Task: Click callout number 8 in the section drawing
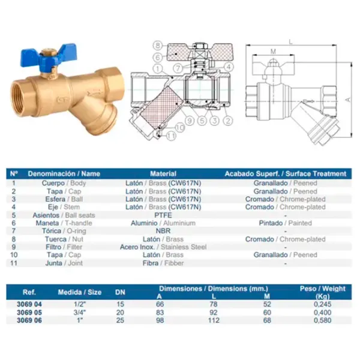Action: click(158, 45)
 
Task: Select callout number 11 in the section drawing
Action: click(171, 136)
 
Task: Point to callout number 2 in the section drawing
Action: click(228, 121)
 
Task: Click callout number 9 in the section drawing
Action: click(190, 121)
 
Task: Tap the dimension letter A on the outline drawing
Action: click(349, 100)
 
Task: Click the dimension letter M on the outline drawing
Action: click(273, 52)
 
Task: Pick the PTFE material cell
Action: click(163, 215)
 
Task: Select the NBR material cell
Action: click(163, 231)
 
